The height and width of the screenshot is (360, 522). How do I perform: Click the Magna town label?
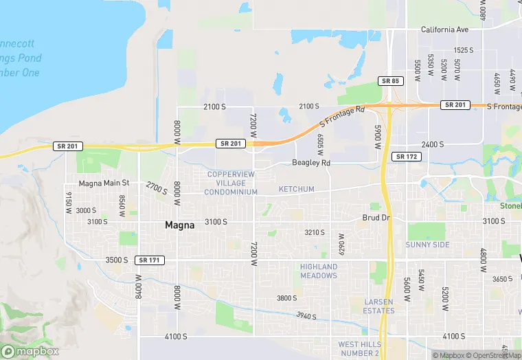[x=181, y=225]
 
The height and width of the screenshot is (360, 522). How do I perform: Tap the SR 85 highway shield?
[x=389, y=81]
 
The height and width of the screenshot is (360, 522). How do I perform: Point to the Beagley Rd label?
[x=311, y=163]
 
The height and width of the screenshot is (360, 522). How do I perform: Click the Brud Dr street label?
[x=376, y=218]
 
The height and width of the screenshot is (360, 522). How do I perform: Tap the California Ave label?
[x=444, y=30]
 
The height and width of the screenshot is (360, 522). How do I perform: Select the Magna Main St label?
[x=104, y=183]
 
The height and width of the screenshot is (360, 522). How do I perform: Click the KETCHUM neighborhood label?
[x=296, y=189]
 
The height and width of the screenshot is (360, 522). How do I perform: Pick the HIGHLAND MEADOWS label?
[x=319, y=271]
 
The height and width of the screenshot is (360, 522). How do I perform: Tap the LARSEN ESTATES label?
[x=379, y=306]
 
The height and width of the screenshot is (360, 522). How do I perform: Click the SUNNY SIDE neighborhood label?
[x=427, y=245]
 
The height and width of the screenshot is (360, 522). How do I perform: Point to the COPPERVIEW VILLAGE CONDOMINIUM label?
[x=231, y=183]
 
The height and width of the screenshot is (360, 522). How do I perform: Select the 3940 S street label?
[x=306, y=315]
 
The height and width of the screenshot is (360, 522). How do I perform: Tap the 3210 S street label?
[x=315, y=233]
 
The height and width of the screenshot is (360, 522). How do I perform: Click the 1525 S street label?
[x=464, y=50]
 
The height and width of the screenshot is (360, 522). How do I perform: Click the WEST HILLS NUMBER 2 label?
[x=358, y=348]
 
